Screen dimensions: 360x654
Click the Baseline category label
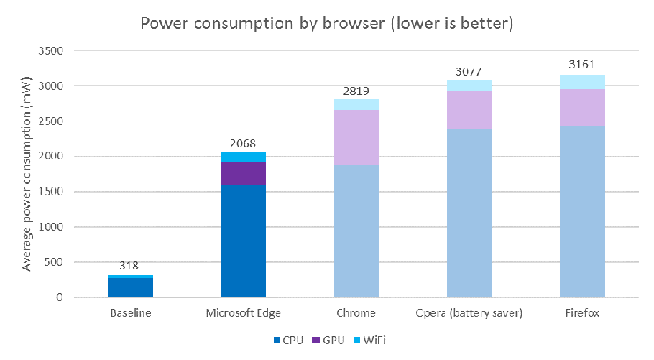tap(130, 312)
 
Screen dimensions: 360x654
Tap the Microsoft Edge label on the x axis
tap(244, 312)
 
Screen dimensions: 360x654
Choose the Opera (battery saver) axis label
tap(469, 312)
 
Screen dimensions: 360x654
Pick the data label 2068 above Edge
tap(244, 143)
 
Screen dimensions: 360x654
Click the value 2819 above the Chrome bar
tap(356, 90)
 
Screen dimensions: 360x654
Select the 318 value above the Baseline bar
tap(130, 266)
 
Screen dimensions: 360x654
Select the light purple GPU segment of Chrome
tap(356, 137)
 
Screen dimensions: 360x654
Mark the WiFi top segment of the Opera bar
tap(469, 85)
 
